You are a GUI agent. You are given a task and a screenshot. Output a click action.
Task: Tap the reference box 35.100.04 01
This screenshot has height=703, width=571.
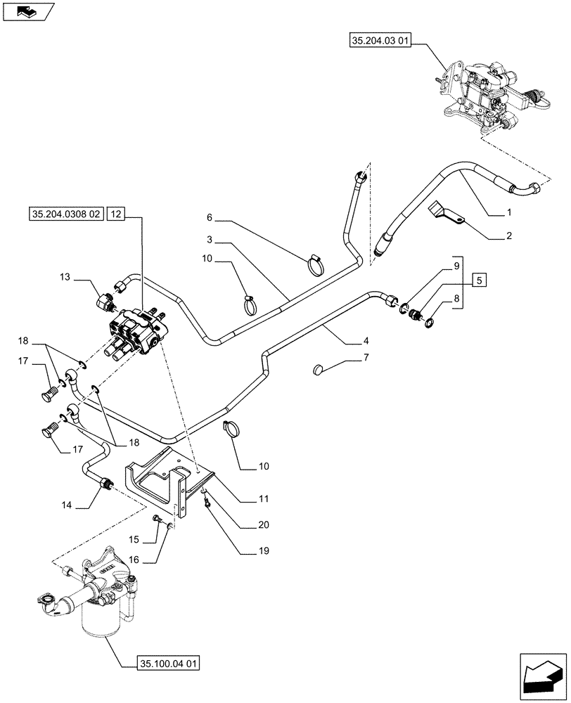click(x=160, y=663)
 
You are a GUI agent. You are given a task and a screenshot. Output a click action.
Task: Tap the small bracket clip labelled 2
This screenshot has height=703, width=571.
click(x=444, y=214)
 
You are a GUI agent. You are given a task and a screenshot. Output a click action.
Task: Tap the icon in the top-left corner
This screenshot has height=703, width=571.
click(x=28, y=11)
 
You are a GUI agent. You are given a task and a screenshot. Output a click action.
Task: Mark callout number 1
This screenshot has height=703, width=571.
click(x=508, y=212)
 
